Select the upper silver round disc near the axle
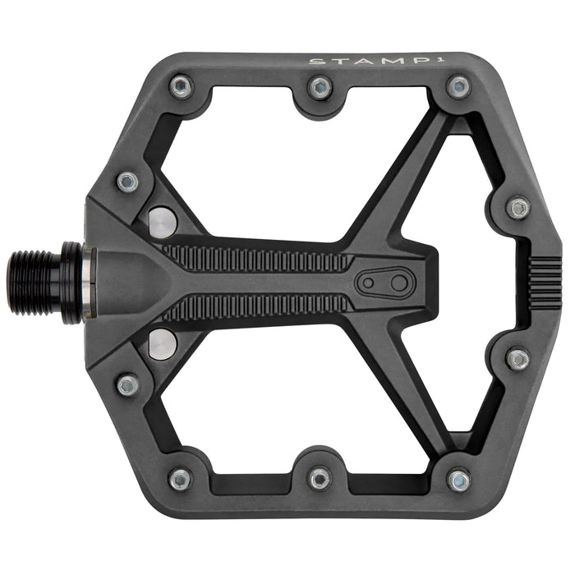pos(163,220)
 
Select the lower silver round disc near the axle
pos(162,343)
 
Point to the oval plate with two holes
pos(384,283)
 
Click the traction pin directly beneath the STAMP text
pos(458,85)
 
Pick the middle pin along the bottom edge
pos(320,478)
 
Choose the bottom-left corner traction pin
pos(180,478)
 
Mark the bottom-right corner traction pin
pos(458,480)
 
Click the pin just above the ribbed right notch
pos(517,207)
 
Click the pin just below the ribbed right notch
pos(517,358)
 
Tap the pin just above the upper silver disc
pos(127,181)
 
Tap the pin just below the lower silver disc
pos(127,384)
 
